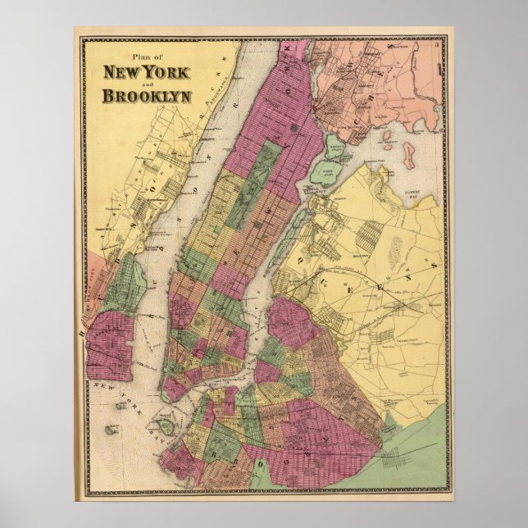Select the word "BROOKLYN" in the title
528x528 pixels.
tap(147, 96)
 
